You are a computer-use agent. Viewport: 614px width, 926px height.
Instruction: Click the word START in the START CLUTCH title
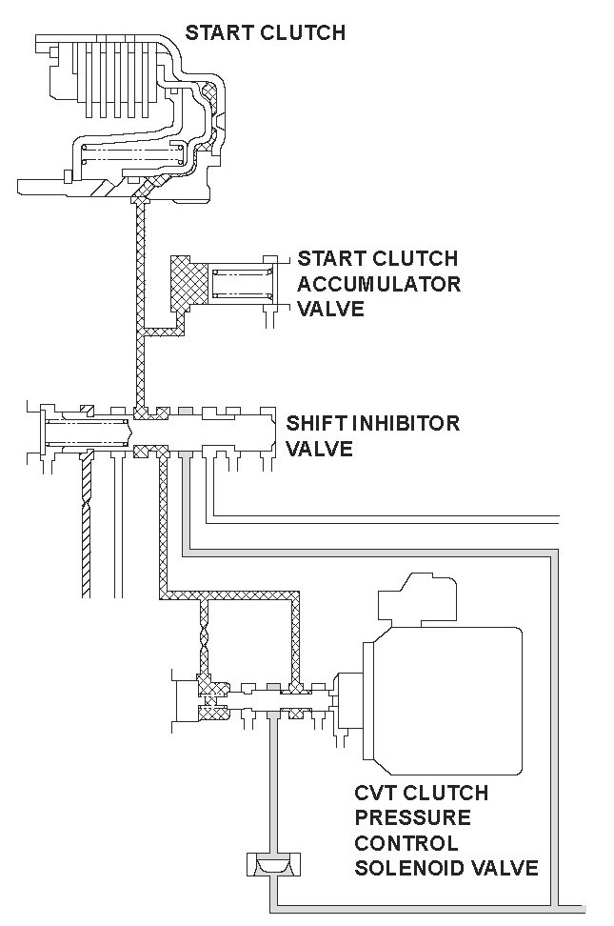pyautogui.click(x=216, y=33)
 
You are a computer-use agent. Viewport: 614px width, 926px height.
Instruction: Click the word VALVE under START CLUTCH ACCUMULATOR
pyautogui.click(x=331, y=310)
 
